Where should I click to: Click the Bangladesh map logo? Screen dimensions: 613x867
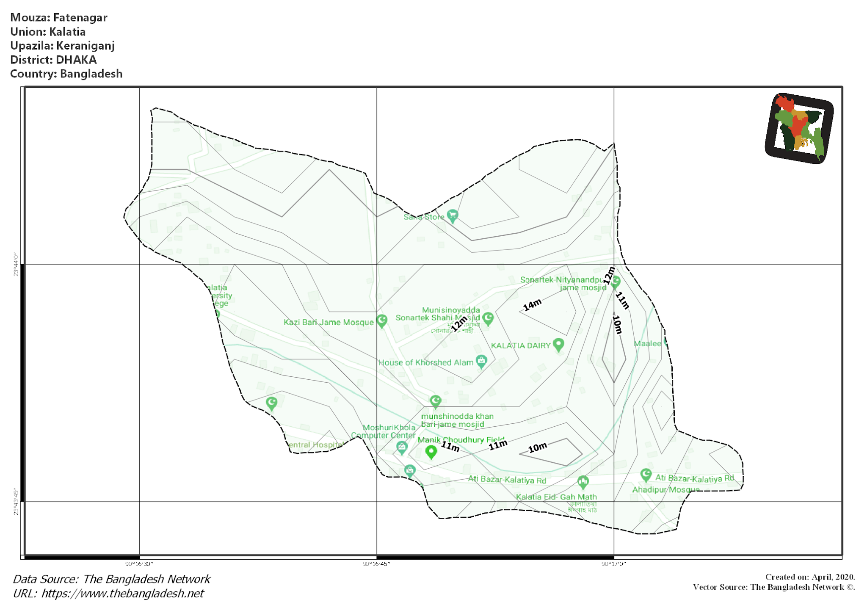(x=799, y=128)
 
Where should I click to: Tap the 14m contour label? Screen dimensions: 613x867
(x=532, y=305)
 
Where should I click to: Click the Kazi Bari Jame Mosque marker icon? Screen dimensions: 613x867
(x=382, y=321)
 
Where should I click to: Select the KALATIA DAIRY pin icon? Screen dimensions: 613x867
(x=558, y=345)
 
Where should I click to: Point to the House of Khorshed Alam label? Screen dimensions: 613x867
(x=425, y=362)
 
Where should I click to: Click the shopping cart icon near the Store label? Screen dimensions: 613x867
(x=452, y=216)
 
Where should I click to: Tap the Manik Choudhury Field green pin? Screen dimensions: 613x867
(x=431, y=452)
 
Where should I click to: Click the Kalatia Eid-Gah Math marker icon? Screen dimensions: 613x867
(x=583, y=482)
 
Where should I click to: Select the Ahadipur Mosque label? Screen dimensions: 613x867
(x=665, y=490)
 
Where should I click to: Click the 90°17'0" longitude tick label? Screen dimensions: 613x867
(x=613, y=564)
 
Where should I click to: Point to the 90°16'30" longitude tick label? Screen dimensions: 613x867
(x=139, y=564)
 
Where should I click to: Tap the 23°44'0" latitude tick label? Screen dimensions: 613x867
(x=16, y=265)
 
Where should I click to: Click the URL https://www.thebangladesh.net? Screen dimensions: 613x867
(x=122, y=594)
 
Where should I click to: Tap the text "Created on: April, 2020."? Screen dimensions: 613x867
(x=810, y=577)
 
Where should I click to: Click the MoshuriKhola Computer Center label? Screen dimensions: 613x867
(x=384, y=431)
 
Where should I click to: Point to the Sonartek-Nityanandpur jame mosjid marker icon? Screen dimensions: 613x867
(x=615, y=282)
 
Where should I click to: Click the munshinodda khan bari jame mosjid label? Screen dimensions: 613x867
(x=457, y=420)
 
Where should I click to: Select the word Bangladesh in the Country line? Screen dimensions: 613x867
(x=91, y=74)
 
